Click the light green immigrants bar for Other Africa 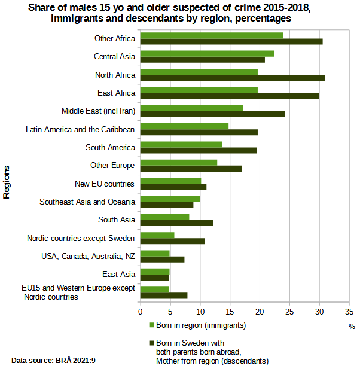pos(212,35)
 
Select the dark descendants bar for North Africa pos(233,78)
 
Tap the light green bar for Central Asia pos(207,53)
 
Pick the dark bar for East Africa pos(230,96)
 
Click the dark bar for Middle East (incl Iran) pos(212,114)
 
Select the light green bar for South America pos(181,144)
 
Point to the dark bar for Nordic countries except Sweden pos(172,241)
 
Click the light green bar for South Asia pos(164,217)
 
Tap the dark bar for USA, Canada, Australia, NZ pos(162,259)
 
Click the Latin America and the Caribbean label pos(80,129)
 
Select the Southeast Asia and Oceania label pos(87,202)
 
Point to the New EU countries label pos(105,184)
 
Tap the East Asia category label pos(118,274)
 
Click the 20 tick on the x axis pos(260,312)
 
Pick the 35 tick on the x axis pos(349,312)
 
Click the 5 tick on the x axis pos(170,312)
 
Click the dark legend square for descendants pos(151,344)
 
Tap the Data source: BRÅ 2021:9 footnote pos(54,361)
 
